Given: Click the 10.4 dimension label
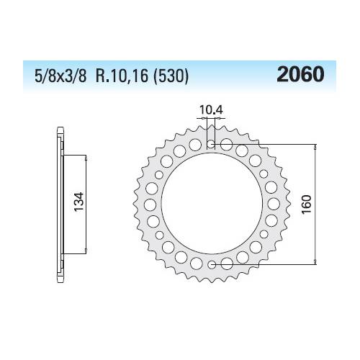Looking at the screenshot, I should click(x=210, y=110).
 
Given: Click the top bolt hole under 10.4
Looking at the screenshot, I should click(x=211, y=144).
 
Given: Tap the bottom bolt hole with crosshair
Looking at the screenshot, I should click(x=211, y=265).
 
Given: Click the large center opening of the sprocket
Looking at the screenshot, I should click(x=211, y=204).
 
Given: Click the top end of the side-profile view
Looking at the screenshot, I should click(x=58, y=130).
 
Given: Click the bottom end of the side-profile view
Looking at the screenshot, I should click(x=58, y=280).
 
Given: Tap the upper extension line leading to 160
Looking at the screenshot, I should click(x=266, y=144).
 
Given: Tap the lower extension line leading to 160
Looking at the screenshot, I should click(x=266, y=265).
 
